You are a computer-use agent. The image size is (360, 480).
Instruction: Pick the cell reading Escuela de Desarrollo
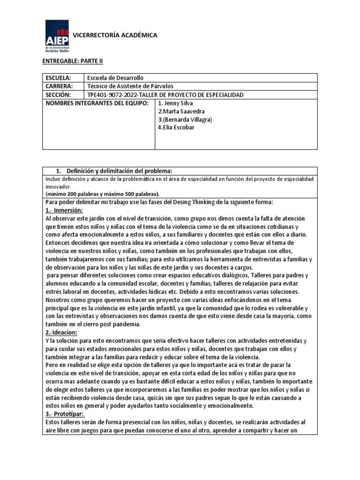[x=116, y=78]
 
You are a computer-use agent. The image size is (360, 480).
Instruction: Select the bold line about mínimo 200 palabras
[x=102, y=194]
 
